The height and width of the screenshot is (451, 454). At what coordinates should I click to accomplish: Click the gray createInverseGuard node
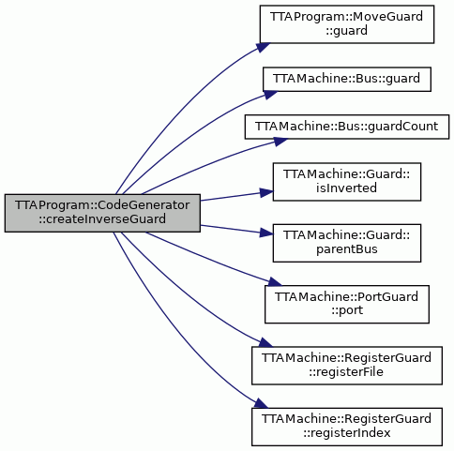(102, 213)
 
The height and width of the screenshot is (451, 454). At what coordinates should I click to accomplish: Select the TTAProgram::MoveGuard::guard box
(347, 24)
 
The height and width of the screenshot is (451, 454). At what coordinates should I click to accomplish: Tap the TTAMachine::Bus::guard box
(347, 79)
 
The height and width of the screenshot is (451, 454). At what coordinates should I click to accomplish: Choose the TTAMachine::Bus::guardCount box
(347, 127)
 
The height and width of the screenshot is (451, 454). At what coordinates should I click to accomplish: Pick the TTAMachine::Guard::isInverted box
(347, 182)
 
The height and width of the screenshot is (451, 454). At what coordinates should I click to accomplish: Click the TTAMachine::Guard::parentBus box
(347, 243)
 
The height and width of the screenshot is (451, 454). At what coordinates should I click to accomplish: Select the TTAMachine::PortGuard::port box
(347, 304)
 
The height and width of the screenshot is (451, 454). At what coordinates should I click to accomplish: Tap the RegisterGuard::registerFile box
(347, 366)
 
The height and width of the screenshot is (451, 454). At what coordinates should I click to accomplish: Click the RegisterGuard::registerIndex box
(347, 427)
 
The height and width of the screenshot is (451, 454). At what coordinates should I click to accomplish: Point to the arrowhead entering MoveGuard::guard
(264, 47)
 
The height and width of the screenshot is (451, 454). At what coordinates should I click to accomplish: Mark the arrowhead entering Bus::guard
(270, 95)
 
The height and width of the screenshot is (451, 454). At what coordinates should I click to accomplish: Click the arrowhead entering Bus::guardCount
(280, 142)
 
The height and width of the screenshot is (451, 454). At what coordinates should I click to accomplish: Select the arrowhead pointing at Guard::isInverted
(266, 192)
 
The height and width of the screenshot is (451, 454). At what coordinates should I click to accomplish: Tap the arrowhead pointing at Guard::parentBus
(266, 233)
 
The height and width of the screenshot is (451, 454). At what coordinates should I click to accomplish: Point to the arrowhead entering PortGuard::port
(275, 282)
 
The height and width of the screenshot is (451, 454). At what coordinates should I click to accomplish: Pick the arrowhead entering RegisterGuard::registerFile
(265, 342)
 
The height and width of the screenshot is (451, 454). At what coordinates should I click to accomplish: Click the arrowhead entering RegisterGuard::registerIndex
(261, 403)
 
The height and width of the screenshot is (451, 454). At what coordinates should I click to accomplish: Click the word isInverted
(346, 188)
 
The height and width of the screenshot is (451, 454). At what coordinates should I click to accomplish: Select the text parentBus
(347, 249)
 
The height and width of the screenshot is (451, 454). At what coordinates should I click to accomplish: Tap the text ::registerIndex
(347, 433)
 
